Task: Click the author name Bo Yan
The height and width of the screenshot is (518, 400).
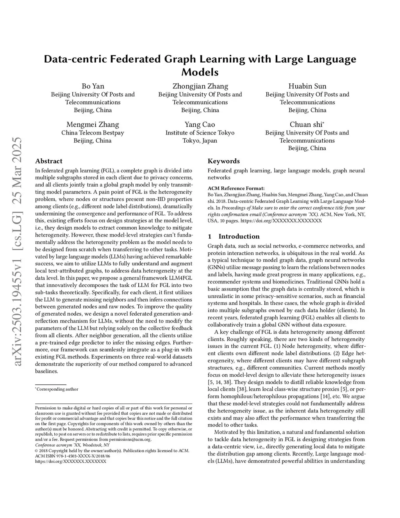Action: pyautogui.click(x=93, y=86)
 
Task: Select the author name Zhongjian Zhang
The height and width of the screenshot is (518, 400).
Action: pyautogui.click(x=200, y=86)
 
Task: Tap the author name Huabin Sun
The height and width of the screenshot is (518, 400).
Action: pyautogui.click(x=307, y=86)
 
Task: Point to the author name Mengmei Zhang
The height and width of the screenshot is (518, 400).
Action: pyautogui.click(x=93, y=124)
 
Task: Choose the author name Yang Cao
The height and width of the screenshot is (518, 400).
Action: pyautogui.click(x=200, y=124)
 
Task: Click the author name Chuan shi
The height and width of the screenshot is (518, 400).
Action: pyautogui.click(x=306, y=124)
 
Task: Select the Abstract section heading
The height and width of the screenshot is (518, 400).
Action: pyautogui.click(x=49, y=161)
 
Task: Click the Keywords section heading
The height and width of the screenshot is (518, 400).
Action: pyautogui.click(x=223, y=161)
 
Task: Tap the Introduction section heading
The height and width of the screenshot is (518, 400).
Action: pyautogui.click(x=239, y=237)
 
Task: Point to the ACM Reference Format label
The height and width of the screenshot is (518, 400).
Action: pyautogui.click(x=236, y=188)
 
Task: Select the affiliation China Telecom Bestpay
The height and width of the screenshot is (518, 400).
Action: pyautogui.click(x=93, y=133)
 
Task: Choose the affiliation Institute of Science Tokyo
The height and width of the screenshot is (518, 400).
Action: pyautogui.click(x=200, y=133)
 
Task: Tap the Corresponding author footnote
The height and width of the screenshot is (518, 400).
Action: pyautogui.click(x=57, y=389)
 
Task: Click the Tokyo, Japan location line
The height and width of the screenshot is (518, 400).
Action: pyautogui.click(x=200, y=140)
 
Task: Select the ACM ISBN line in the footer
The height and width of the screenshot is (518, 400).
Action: pyautogui.click(x=73, y=456)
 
